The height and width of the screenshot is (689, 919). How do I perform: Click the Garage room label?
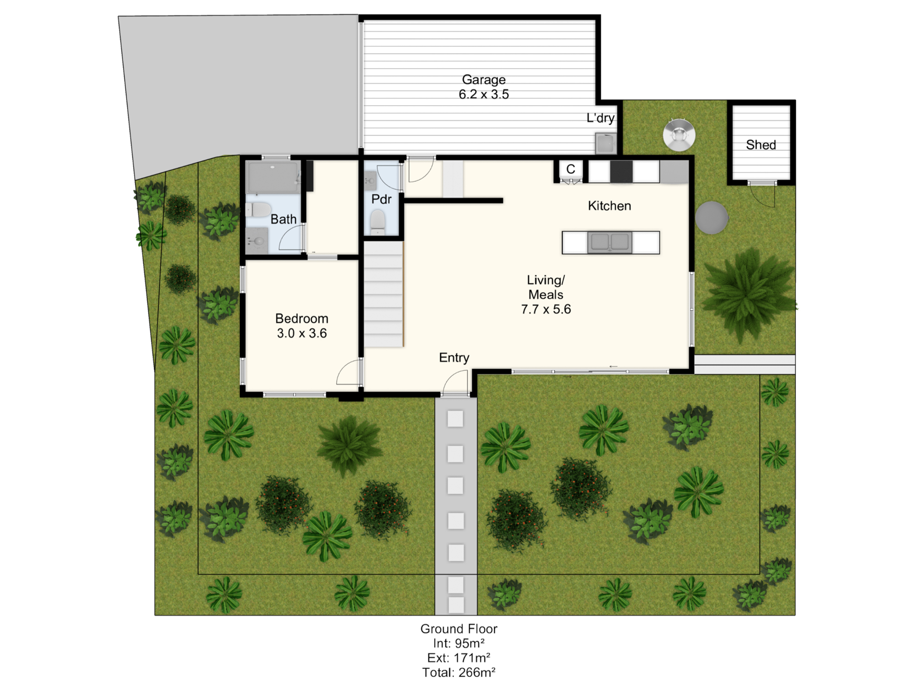(x=483, y=80)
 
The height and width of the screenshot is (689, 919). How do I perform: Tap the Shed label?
(x=761, y=145)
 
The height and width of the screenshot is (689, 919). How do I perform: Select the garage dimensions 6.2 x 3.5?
(x=483, y=95)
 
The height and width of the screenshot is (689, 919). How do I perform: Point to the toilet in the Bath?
(x=258, y=210)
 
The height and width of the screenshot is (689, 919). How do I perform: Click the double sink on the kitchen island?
(x=609, y=243)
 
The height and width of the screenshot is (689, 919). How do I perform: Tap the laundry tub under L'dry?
(x=606, y=143)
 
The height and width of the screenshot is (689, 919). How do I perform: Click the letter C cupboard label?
(x=571, y=169)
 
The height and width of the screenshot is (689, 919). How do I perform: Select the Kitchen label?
(x=609, y=206)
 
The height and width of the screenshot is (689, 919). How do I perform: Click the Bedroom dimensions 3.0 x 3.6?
(x=301, y=333)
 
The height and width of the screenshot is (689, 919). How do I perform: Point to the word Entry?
(x=454, y=358)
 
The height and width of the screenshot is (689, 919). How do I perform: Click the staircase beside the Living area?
(x=384, y=294)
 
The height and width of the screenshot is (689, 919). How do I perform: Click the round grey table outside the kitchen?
(x=711, y=218)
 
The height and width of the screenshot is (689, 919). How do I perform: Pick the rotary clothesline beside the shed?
(x=679, y=135)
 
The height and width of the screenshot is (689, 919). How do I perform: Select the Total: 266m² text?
(x=459, y=672)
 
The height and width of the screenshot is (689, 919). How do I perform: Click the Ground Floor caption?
(x=459, y=629)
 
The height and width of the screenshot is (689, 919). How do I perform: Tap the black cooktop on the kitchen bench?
(x=621, y=172)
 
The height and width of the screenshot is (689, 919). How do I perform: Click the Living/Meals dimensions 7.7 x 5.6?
(x=546, y=310)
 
